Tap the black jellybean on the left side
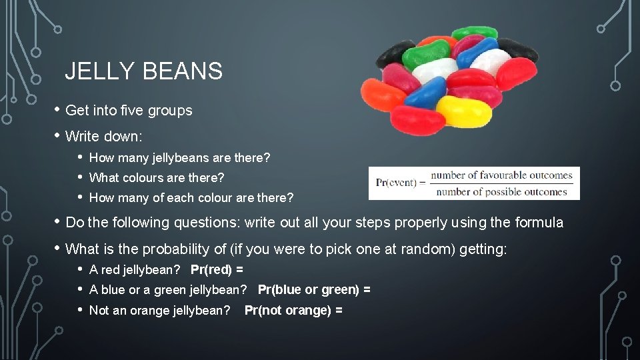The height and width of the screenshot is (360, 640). [x=395, y=53]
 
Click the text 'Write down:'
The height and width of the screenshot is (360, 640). [x=103, y=137]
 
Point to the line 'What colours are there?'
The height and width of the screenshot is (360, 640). [x=157, y=178]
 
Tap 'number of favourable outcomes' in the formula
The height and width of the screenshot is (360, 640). [x=501, y=175]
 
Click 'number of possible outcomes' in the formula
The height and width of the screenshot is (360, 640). [x=501, y=192]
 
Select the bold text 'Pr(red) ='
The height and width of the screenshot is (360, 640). [x=217, y=270]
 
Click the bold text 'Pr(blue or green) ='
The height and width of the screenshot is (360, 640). [x=314, y=290]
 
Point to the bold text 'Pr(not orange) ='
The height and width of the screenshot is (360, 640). [x=293, y=311]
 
